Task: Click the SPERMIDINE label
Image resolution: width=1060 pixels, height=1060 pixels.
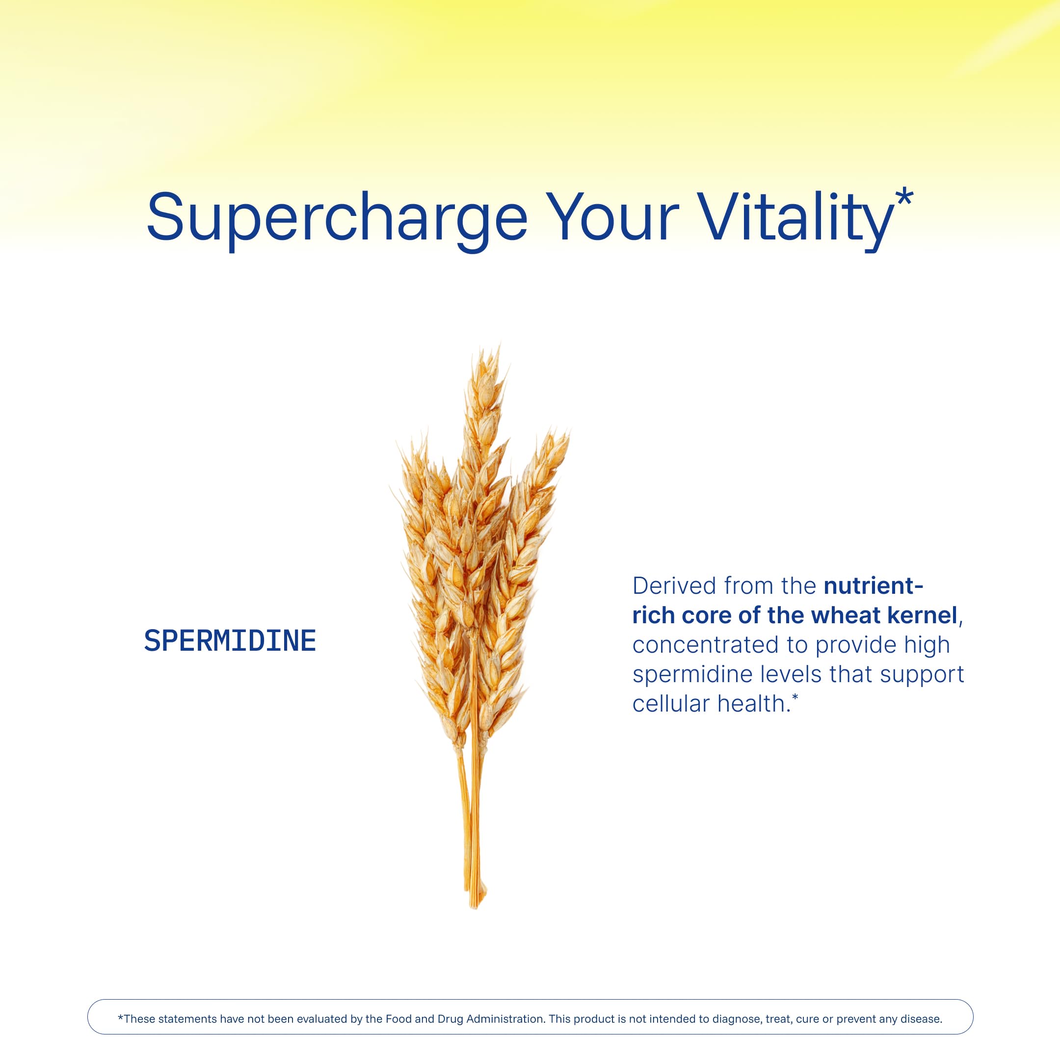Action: [x=230, y=640]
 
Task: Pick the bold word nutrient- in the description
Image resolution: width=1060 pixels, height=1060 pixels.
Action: [x=874, y=586]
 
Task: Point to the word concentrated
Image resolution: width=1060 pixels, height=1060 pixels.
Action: [x=706, y=645]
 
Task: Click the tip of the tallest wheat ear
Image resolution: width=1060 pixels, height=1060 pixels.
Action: [x=499, y=343]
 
